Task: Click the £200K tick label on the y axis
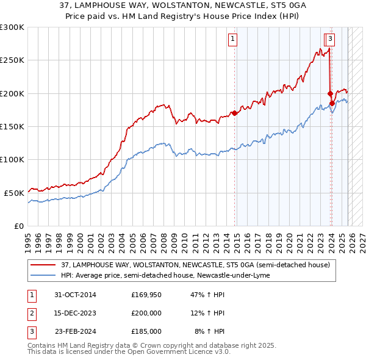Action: pyautogui.click(x=12, y=93)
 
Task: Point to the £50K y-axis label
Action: pyautogui.click(x=14, y=193)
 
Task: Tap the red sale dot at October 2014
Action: pyautogui.click(x=234, y=113)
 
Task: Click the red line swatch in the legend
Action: pyautogui.click(x=43, y=265)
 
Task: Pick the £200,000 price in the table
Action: pyautogui.click(x=146, y=314)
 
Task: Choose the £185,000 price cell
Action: pyautogui.click(x=146, y=331)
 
